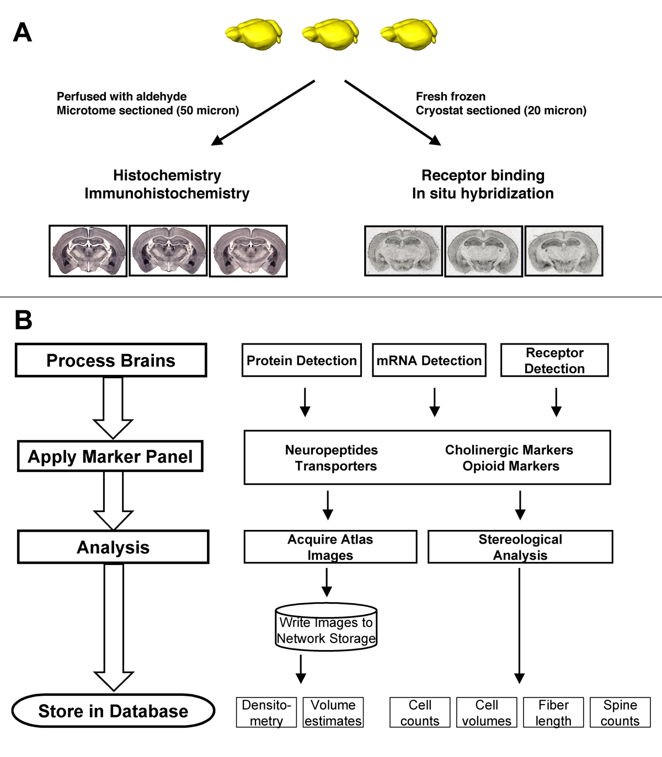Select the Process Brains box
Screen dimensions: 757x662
[111, 360]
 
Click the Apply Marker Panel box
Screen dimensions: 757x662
[110, 456]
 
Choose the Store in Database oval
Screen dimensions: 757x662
[113, 711]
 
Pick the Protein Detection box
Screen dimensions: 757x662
[302, 360]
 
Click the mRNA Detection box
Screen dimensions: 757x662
[429, 360]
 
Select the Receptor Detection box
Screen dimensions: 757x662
[554, 360]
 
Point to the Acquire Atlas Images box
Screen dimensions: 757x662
[330, 547]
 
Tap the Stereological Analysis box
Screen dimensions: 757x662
[520, 547]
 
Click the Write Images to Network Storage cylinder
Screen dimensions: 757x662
[326, 630]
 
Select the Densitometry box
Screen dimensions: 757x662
[266, 712]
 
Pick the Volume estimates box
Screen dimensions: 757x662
[333, 712]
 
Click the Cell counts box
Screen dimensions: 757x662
[420, 712]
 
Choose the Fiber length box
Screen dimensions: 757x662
[553, 712]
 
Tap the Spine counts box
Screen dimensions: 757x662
[620, 712]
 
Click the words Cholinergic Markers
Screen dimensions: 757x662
[509, 450]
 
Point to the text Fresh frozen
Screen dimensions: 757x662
[451, 96]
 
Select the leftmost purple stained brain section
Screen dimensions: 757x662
[88, 251]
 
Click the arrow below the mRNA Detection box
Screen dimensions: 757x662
[435, 402]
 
